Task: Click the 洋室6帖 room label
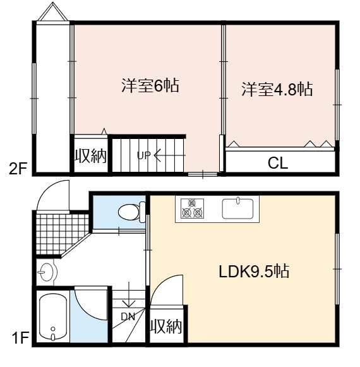[x=150, y=85]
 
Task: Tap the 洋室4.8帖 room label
[x=277, y=89]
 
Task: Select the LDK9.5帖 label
[x=254, y=271]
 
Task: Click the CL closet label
[x=278, y=163]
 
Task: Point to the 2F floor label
[x=18, y=169]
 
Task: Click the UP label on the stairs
[x=143, y=155]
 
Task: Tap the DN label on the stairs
[x=128, y=316]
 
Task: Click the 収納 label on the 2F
[x=90, y=155]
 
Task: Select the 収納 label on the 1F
[x=166, y=327]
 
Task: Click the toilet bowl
[x=131, y=212]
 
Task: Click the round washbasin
[x=47, y=272]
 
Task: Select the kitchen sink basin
[x=237, y=208]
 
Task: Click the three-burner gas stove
[x=192, y=208]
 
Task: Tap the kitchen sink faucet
[x=238, y=200]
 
